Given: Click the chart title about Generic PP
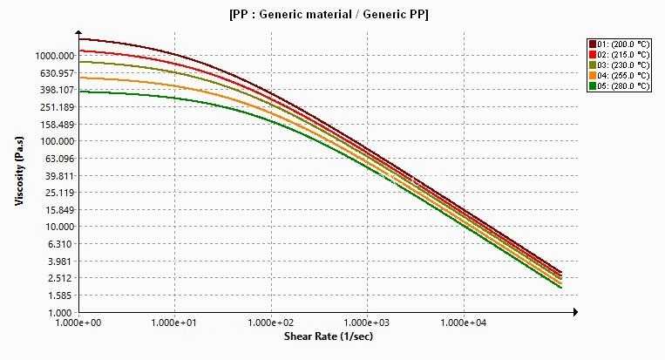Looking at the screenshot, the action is coord(329,15).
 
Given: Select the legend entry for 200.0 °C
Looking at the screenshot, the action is coord(619,44).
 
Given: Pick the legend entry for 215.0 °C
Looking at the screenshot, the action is coord(619,55).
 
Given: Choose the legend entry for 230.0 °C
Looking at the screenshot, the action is coord(619,65).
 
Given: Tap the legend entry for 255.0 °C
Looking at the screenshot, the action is coord(619,76).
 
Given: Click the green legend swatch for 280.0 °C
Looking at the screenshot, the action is coord(593,86).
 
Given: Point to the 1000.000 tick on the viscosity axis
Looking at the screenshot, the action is coord(55,56).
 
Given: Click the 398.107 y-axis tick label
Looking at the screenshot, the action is coord(58,90).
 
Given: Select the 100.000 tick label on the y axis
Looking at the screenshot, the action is coord(58,141).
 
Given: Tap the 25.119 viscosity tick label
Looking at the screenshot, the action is coord(59,193).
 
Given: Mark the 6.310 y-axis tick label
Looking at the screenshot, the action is coord(62,244).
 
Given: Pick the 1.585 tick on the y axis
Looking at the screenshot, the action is coord(62,295).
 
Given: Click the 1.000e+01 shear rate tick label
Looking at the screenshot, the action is coord(174,323).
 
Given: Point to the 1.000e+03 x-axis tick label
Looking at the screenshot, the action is coord(367,323).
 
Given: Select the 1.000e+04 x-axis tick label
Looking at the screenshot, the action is coord(464,323).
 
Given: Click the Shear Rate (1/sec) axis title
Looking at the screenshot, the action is coord(329,336).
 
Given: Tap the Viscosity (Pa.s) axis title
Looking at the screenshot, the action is coord(19,171).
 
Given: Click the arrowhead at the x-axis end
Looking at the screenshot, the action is coord(575,312).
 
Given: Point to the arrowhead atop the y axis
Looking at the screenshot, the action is coord(78,32).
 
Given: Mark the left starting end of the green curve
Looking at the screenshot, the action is coord(79,92).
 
